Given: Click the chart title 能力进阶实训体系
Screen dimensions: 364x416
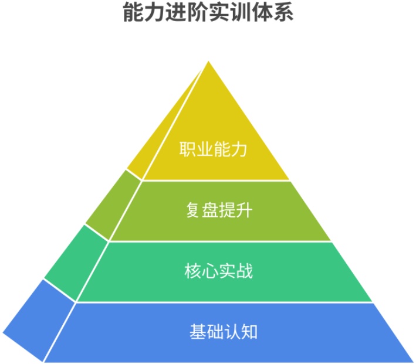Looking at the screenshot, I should pos(208,12).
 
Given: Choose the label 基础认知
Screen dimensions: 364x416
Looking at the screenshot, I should pos(224,332).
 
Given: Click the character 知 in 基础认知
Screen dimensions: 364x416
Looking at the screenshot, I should pos(250,332).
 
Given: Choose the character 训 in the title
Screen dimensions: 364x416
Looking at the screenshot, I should pos(241,12).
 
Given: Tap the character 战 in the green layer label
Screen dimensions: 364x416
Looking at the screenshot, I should pos(245,271).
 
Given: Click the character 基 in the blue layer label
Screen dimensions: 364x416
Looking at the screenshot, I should pos(198,332).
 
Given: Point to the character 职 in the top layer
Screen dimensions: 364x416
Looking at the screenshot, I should pos(187,149).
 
